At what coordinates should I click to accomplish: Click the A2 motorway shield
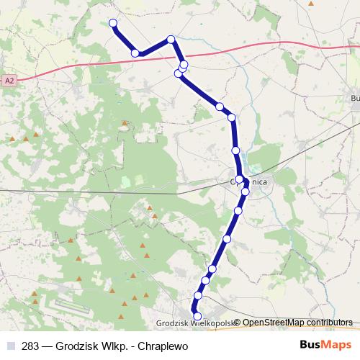pos(9,81)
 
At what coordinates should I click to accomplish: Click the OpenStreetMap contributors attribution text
pos(297,323)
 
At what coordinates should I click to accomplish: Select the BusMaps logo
pos(325,344)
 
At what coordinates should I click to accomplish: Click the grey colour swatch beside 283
pos(10,345)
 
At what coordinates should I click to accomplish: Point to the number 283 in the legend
pos(30,345)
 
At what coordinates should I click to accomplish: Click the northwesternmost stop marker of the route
pos(113,23)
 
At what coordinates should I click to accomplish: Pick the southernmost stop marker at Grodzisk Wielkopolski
pos(197,315)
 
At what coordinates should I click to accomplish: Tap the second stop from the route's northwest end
pos(135,53)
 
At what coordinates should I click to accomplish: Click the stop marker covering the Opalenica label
pos(239,180)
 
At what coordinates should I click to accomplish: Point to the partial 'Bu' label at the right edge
pos(354,98)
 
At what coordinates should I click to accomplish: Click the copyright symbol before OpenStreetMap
pos(237,323)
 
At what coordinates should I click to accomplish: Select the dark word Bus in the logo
pos(310,344)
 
